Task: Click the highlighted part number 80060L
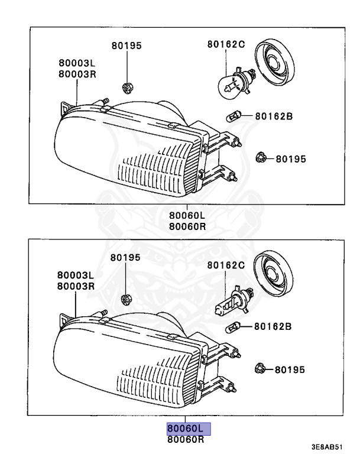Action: pyautogui.click(x=185, y=428)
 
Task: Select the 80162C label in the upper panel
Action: pyautogui.click(x=225, y=44)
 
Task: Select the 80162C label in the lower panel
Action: pyautogui.click(x=225, y=265)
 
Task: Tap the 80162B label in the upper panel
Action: pyautogui.click(x=274, y=116)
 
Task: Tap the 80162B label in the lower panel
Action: pyautogui.click(x=274, y=326)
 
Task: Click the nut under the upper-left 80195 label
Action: pyautogui.click(x=125, y=88)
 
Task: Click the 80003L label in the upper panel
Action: pyautogui.click(x=77, y=63)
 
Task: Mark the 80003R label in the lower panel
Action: pyautogui.click(x=76, y=286)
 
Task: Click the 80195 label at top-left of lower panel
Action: pyautogui.click(x=126, y=258)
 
